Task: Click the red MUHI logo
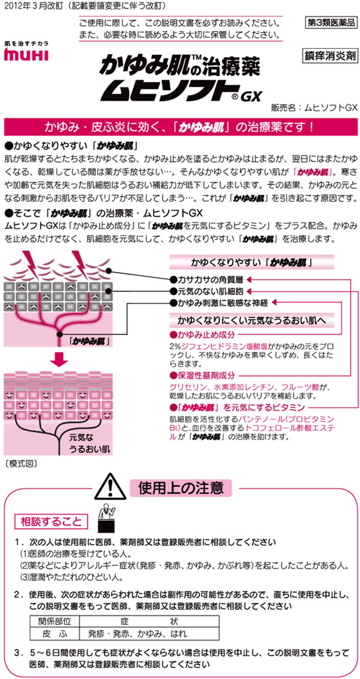pyautogui.click(x=26, y=55)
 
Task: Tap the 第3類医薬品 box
pyautogui.click(x=330, y=24)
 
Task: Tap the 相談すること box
pyautogui.click(x=51, y=521)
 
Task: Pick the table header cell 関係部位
pyautogui.click(x=55, y=620)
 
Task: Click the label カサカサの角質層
pyautogui.click(x=208, y=280)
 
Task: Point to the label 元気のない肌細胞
pyautogui.click(x=208, y=291)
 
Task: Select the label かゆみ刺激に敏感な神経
pyautogui.click(x=219, y=302)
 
